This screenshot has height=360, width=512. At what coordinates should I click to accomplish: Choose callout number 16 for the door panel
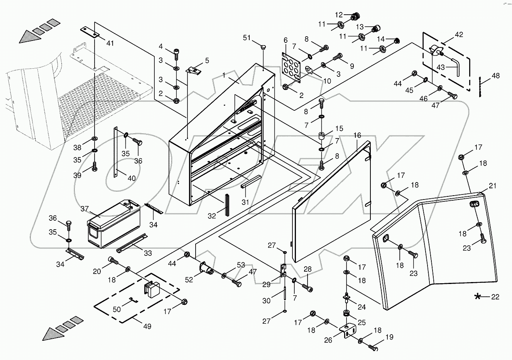pos(357,135)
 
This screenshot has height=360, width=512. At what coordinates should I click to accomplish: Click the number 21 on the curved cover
pos(493,186)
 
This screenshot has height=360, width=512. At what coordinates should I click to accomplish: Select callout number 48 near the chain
pos(495,76)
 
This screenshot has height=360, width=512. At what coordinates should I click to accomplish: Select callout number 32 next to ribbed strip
pos(212,216)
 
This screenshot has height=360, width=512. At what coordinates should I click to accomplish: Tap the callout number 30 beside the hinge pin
pos(267,301)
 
